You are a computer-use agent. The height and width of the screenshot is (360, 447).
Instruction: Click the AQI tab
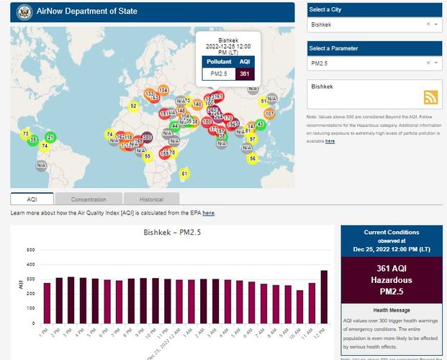click(32, 199)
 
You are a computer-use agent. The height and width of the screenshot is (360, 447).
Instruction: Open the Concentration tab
click(89, 199)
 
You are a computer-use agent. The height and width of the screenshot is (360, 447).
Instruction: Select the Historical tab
click(151, 199)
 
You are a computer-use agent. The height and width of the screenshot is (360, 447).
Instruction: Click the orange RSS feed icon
click(431, 98)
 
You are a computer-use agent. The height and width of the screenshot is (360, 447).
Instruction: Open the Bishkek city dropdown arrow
click(436, 24)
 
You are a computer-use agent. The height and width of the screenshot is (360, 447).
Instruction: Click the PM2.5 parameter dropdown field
click(367, 63)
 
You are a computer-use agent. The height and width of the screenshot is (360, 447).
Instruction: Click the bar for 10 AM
click(299, 306)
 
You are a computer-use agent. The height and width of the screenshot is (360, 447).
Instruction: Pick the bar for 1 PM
click(48, 302)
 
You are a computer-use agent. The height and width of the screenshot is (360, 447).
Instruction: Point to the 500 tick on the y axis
click(31, 250)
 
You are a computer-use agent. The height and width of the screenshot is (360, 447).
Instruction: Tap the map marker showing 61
click(184, 174)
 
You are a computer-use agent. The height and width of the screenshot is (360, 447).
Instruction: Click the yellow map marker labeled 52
click(133, 106)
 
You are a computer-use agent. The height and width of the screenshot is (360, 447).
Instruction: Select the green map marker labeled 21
click(50, 137)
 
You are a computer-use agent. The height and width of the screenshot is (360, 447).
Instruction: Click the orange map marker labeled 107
click(270, 114)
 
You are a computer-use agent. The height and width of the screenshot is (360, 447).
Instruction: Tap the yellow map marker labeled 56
click(253, 158)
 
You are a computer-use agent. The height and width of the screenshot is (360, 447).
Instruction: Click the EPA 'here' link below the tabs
click(209, 213)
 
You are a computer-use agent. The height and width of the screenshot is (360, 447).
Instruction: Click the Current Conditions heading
click(392, 233)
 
